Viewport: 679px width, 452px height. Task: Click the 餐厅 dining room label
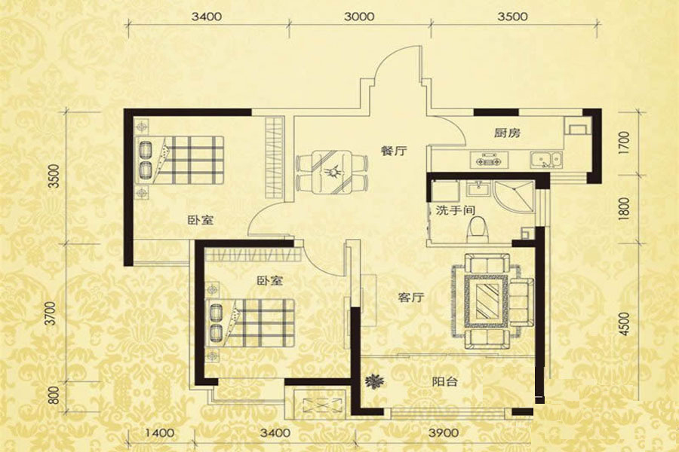[394, 151]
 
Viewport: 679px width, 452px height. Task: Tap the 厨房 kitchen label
[507, 133]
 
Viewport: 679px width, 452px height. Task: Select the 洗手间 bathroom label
[456, 211]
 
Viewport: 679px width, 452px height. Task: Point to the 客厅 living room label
[411, 298]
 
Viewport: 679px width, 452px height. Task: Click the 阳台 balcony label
[444, 381]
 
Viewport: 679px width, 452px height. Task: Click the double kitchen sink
[546, 159]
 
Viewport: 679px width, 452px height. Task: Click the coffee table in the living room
[486, 301]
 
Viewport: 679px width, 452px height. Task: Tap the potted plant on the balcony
[374, 381]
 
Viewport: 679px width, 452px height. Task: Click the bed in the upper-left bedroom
[180, 160]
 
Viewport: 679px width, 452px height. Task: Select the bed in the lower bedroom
[250, 322]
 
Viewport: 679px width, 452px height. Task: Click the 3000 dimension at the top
[359, 17]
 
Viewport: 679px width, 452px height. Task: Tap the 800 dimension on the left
[54, 395]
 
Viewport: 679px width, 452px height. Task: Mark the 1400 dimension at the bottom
[159, 432]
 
